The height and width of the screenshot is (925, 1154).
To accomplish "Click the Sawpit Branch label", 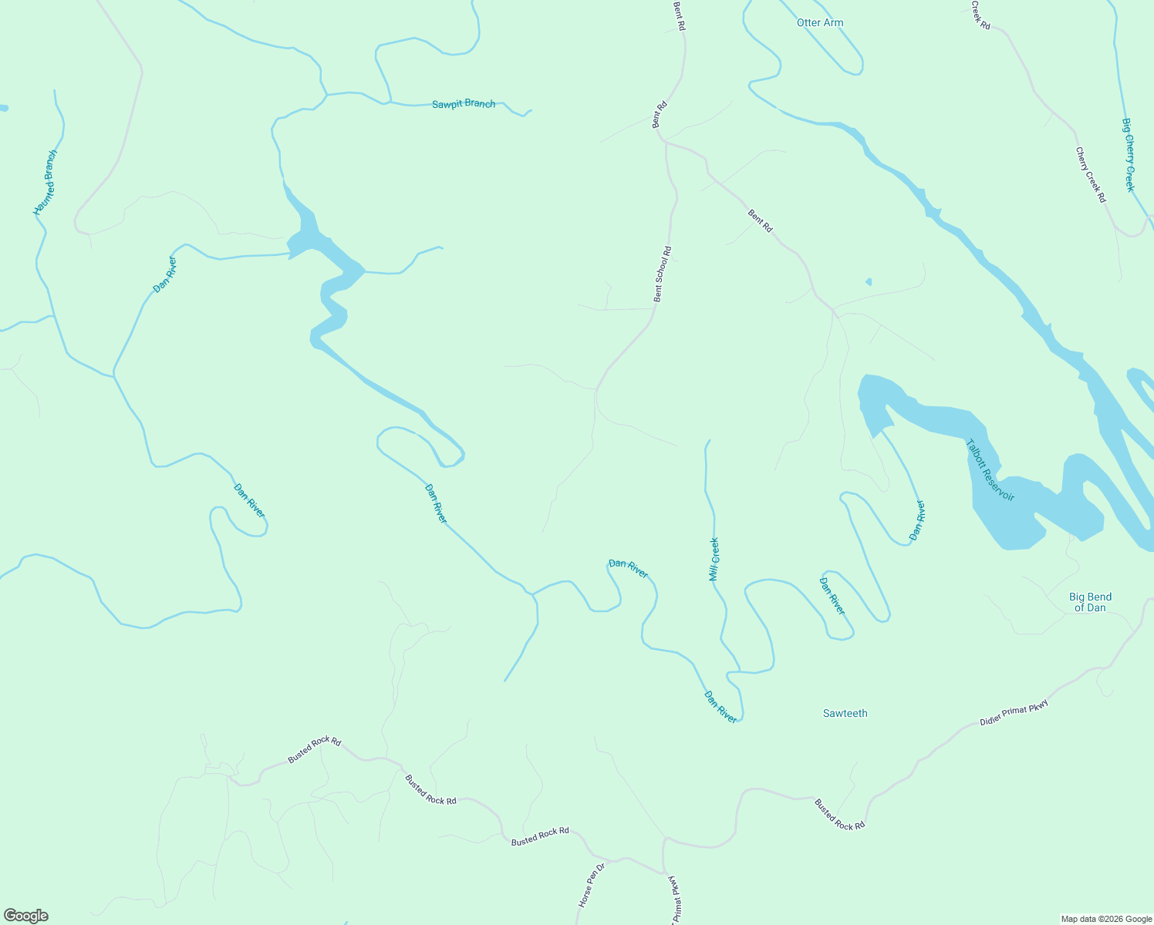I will point(464,103).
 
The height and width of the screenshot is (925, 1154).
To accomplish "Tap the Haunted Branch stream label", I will point(46,183).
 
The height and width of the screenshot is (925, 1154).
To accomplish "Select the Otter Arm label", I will point(820,23).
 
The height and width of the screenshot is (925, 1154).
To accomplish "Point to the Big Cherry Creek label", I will point(1129,155).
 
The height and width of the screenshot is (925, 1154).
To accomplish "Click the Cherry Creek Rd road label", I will point(1091,175).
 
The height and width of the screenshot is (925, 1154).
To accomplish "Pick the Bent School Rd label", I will point(663,274).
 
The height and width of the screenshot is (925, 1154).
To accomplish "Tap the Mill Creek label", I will point(714,559).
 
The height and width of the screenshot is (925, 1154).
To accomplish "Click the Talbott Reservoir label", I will point(990,470).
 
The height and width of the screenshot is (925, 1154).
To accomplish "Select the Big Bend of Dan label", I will point(1090,602).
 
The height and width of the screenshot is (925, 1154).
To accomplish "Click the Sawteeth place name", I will point(845,714).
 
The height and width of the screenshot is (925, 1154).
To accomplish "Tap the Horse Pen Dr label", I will point(592,885).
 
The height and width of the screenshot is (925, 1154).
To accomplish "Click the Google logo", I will point(25,916).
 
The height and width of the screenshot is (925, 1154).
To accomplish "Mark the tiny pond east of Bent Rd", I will point(869,282).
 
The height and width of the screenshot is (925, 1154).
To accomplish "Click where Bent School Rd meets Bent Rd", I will point(665,142).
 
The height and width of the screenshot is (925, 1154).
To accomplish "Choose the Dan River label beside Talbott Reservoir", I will point(916,520).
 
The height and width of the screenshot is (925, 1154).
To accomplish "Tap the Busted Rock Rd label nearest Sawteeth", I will point(839,814).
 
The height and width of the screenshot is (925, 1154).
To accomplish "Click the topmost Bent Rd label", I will point(680,15).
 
